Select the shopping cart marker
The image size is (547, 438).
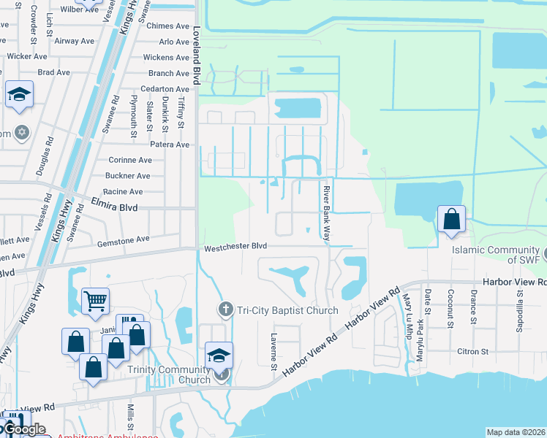[x=96, y=300]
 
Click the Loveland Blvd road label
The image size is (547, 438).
[x=196, y=58]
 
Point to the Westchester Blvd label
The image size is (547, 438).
[x=235, y=247]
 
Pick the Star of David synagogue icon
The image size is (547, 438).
[x=22, y=133]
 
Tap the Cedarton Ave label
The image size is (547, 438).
[x=164, y=89]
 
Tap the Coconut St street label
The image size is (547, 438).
[x=450, y=306]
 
